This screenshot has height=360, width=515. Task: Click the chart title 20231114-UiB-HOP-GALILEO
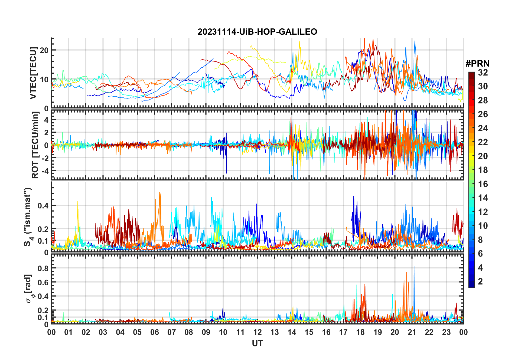tap(257, 32)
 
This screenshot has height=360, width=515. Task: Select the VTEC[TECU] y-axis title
tap(33, 73)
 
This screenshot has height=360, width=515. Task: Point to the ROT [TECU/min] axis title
tap(35, 145)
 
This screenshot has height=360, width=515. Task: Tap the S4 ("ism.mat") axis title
tap(28, 217)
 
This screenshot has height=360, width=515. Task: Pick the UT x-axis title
tap(257, 343)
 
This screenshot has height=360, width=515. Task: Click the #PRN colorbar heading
tap(477, 64)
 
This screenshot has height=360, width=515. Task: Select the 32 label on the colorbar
tap(483, 72)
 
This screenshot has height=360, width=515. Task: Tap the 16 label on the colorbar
tap(483, 184)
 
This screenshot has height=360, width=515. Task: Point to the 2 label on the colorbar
tap(480, 282)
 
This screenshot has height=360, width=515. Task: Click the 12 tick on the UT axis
tap(257, 332)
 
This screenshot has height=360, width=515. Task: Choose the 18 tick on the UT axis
tap(360, 332)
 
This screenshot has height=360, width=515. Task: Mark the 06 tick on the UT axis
tap(154, 332)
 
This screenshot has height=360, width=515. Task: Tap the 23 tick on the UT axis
tap(446, 332)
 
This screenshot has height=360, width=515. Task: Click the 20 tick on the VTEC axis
tap(44, 50)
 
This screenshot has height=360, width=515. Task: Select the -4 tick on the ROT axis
tap(44, 171)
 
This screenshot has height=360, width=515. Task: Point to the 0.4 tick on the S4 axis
tap(43, 205)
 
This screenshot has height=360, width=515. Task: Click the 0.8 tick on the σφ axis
tap(43, 268)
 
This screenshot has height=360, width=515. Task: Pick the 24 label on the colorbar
tap(483, 128)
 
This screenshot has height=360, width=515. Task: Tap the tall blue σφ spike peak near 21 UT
tap(414, 267)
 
